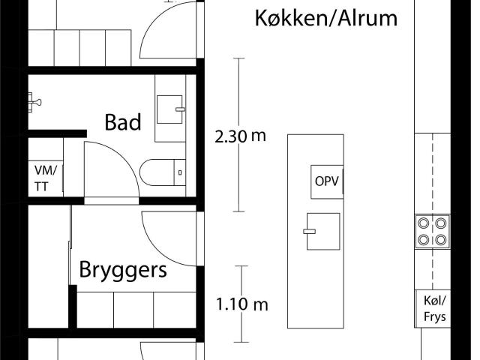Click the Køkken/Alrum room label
(x=326, y=18)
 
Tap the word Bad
(x=123, y=122)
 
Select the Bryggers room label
(x=123, y=269)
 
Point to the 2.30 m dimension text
(x=241, y=136)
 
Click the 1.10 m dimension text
(x=241, y=305)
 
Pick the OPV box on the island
(x=327, y=181)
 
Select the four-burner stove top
(x=433, y=231)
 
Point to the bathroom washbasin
(x=171, y=109)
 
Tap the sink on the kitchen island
(x=323, y=232)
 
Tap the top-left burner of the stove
(x=424, y=223)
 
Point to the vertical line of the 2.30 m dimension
(x=241, y=90)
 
